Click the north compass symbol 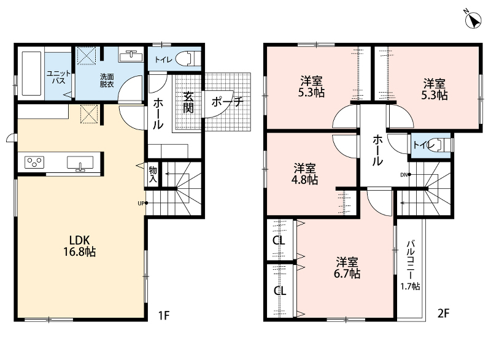pyautogui.click(x=473, y=20)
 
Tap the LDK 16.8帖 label pyautogui.click(x=80, y=246)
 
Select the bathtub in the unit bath pyautogui.click(x=31, y=73)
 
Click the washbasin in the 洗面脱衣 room pyautogui.click(x=131, y=56)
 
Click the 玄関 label pyautogui.click(x=188, y=102)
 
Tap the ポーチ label pyautogui.click(x=227, y=102)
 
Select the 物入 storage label pyautogui.click(x=153, y=175)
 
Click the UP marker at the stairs pyautogui.click(x=143, y=203)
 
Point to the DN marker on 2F pyautogui.click(x=406, y=175)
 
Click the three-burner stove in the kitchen pyautogui.click(x=34, y=163)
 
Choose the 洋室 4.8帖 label pyautogui.click(x=304, y=174)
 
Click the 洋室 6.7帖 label pyautogui.click(x=347, y=268)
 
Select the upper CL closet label pyautogui.click(x=279, y=240)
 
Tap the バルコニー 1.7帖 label pyautogui.click(x=410, y=265)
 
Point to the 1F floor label pyautogui.click(x=164, y=315)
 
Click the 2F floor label pyautogui.click(x=443, y=313)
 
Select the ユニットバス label pyautogui.click(x=58, y=77)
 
